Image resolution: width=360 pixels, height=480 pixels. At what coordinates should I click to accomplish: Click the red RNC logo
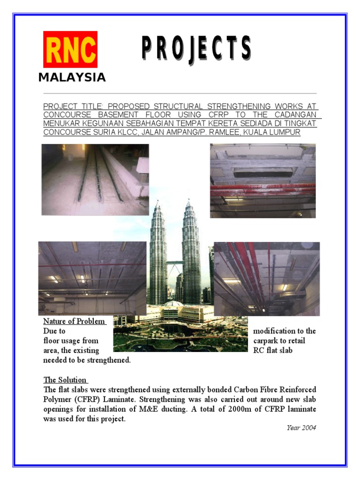pyautogui.click(x=70, y=49)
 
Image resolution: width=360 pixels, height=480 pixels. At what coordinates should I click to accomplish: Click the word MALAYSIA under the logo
pyautogui.click(x=72, y=78)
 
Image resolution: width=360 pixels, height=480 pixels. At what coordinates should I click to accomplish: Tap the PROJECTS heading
pyautogui.click(x=196, y=49)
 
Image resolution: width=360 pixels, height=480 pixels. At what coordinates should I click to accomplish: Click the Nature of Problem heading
pyautogui.click(x=74, y=321)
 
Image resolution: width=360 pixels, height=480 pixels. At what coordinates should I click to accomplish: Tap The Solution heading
pyautogui.click(x=65, y=380)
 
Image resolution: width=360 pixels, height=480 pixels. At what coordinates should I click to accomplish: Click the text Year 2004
pyautogui.click(x=301, y=427)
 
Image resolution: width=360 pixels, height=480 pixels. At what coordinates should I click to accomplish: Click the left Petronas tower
pyautogui.click(x=157, y=253)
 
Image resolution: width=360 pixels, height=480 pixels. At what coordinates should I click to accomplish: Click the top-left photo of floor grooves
pyautogui.click(x=95, y=179)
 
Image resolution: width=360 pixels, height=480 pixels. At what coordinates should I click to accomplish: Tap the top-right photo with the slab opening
pyautogui.click(x=262, y=180)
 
